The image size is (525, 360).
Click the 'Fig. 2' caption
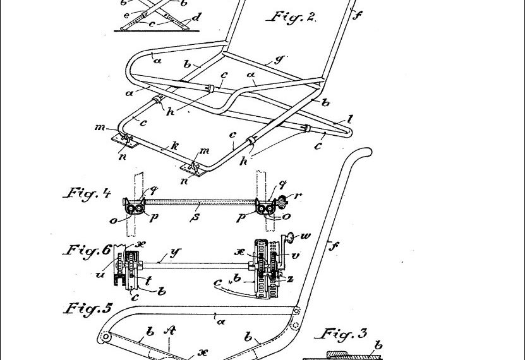coord(292,17)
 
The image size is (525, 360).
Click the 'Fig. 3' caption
coord(344,334)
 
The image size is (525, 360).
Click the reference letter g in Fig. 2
coord(275,61)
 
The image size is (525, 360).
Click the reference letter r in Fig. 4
coord(298,196)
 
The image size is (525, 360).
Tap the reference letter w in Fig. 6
coord(308,236)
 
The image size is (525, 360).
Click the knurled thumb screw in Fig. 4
coord(281,203)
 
